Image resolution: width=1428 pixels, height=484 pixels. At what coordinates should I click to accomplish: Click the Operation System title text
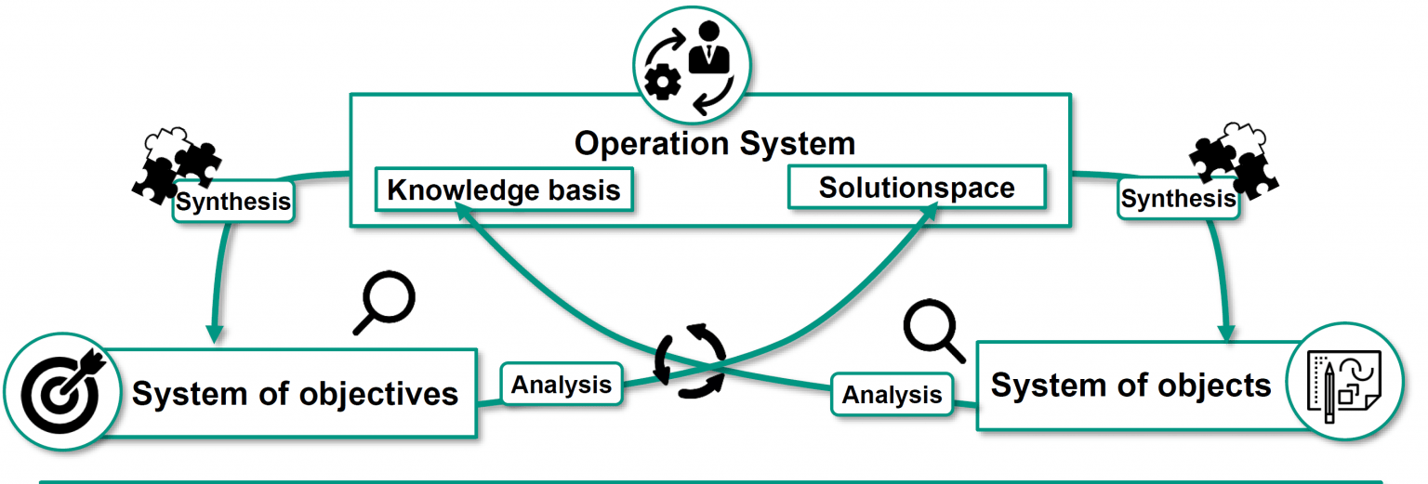(x=714, y=144)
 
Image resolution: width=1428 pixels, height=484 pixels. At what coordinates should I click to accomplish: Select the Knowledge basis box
(x=503, y=190)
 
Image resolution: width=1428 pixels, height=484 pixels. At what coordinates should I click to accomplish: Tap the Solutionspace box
(x=916, y=188)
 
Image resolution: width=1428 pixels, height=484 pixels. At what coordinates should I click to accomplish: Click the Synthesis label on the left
(x=233, y=202)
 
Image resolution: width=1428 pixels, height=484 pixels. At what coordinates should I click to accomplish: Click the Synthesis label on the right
(x=1178, y=198)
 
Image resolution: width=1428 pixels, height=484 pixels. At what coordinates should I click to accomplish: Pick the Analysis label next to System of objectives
(x=562, y=385)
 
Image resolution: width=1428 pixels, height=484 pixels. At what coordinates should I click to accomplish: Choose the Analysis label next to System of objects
(x=892, y=395)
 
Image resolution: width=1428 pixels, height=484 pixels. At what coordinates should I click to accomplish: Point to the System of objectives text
(x=296, y=393)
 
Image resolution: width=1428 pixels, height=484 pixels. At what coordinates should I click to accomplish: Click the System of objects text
(x=1130, y=385)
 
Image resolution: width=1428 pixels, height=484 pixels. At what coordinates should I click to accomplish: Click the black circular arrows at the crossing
(x=691, y=360)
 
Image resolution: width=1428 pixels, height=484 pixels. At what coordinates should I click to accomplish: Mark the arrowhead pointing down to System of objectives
(x=216, y=331)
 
